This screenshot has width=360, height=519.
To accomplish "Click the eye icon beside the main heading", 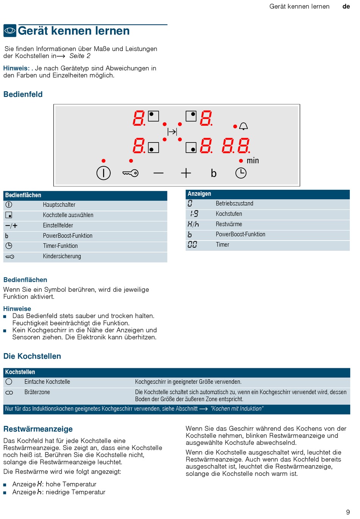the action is click(x=10, y=31).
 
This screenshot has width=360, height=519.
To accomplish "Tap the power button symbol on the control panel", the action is click(x=103, y=173).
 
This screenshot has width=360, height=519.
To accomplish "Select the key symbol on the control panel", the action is click(x=131, y=173).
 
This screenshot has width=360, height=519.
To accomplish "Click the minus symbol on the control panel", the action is click(x=158, y=173).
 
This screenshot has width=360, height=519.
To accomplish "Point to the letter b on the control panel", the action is click(x=214, y=174).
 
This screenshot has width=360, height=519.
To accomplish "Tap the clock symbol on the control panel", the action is click(x=241, y=173).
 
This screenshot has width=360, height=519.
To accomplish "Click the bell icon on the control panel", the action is click(x=244, y=126).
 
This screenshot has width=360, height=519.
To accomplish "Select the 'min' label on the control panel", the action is click(x=253, y=161).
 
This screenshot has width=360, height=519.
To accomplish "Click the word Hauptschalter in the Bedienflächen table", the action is click(x=59, y=205).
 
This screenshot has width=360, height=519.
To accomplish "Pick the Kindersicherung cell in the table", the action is click(x=62, y=256).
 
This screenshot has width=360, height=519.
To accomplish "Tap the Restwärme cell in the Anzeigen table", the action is click(x=229, y=224).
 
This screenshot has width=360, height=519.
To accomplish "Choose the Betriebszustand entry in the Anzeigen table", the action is click(x=235, y=204).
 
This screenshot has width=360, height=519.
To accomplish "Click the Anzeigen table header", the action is click(x=199, y=194).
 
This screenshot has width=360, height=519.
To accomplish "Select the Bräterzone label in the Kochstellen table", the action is click(x=37, y=392).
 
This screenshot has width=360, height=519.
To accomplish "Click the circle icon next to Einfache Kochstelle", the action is click(x=9, y=382).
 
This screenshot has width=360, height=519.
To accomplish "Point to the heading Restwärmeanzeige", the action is click(x=38, y=429).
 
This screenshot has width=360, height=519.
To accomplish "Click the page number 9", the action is click(x=348, y=512).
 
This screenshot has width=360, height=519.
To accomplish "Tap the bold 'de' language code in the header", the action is click(x=346, y=6).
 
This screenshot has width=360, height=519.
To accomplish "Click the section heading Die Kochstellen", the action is click(x=32, y=356).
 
